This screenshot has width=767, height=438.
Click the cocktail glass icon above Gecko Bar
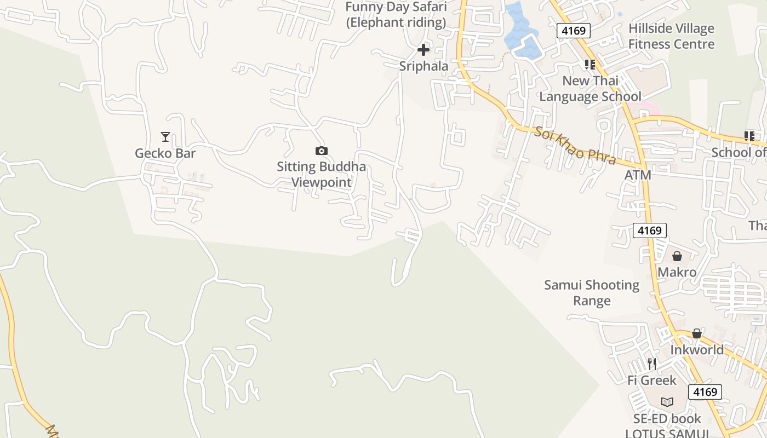click(165, 136)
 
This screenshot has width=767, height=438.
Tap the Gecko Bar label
click(165, 153)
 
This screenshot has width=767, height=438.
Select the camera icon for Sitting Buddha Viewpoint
click(322, 151)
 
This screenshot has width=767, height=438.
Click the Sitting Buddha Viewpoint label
click(321, 174)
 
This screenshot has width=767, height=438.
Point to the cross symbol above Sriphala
click(423, 50)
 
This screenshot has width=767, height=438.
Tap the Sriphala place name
click(423, 66)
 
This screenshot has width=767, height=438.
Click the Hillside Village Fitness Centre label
click(671, 36)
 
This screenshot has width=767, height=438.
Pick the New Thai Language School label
click(590, 89)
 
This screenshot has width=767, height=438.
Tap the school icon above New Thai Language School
click(589, 65)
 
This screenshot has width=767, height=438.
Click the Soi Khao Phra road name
click(575, 146)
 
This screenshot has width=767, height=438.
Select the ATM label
click(638, 175)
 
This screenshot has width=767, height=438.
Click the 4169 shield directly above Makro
click(649, 230)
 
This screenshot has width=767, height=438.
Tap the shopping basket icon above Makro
click(677, 256)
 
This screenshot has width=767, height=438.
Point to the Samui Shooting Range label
click(592, 292)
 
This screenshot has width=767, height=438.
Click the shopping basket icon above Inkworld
click(696, 333)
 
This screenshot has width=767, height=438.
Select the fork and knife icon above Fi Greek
click(651, 364)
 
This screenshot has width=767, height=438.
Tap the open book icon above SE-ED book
click(667, 402)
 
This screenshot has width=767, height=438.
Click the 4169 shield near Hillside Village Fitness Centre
click(574, 31)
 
